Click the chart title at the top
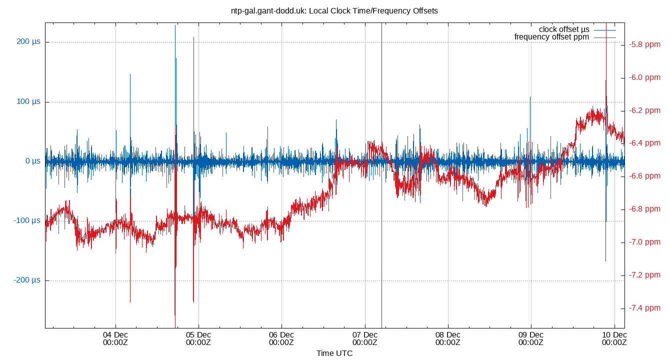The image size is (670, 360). [x=334, y=10]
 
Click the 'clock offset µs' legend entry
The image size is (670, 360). [x=564, y=29]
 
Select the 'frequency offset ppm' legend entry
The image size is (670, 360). [x=551, y=37]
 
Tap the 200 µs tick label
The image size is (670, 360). [x=28, y=42]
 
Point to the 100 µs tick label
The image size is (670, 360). [x=28, y=102]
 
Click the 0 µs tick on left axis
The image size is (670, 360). [x=32, y=161]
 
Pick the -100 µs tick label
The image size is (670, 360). [x=27, y=221]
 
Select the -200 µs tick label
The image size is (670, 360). [x=27, y=280]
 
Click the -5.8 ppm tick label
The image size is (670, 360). [x=645, y=44]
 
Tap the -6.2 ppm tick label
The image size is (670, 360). [x=645, y=110]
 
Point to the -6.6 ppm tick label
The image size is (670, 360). [x=645, y=176]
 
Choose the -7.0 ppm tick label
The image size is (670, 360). [x=645, y=242]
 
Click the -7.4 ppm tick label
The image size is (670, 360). [x=645, y=308]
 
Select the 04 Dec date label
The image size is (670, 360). [x=115, y=338]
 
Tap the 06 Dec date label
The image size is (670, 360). [x=281, y=338]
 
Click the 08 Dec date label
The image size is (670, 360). [x=447, y=338]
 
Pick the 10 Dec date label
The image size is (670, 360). [x=613, y=338]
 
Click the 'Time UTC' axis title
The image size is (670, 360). [x=334, y=353]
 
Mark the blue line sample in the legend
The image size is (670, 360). [x=605, y=30]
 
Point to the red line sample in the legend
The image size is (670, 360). [x=605, y=37]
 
